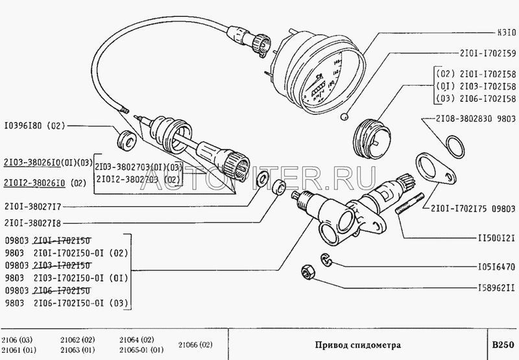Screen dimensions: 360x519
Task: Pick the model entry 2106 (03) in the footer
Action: [19, 338]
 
